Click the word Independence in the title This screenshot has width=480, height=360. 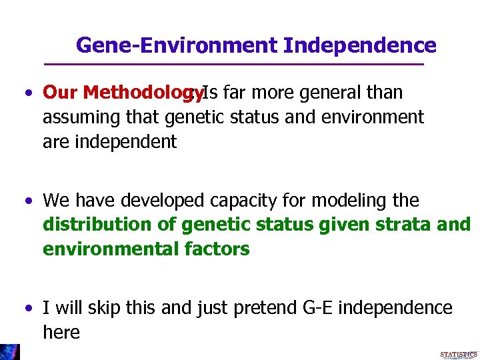[359, 45]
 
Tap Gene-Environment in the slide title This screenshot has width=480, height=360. [177, 45]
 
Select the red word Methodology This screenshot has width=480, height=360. [143, 92]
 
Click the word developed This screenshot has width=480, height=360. [175, 200]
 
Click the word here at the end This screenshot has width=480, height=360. [61, 332]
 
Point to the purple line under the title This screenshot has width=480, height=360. [233, 64]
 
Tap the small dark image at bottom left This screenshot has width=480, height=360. [10, 352]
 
